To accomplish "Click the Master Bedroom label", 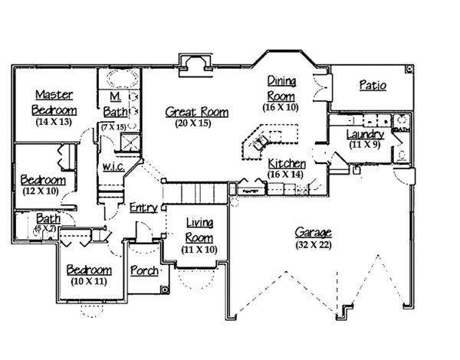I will tap(53, 102).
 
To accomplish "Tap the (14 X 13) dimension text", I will tap(53, 122).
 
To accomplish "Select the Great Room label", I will tap(197, 112).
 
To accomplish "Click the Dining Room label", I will tap(281, 88).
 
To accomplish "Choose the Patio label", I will tap(372, 85).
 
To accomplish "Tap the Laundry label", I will tap(365, 134).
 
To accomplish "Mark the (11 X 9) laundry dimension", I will tap(365, 144).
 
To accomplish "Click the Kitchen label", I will tap(287, 164).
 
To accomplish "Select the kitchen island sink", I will tap(258, 143).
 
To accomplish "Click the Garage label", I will tap(315, 233).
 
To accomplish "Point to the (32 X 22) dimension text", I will tap(315, 244).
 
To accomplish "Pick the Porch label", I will tap(144, 270).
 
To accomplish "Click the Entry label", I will tap(143, 208).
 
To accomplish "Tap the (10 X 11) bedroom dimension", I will tap(88, 281).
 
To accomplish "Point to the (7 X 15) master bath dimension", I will tap(116, 126).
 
